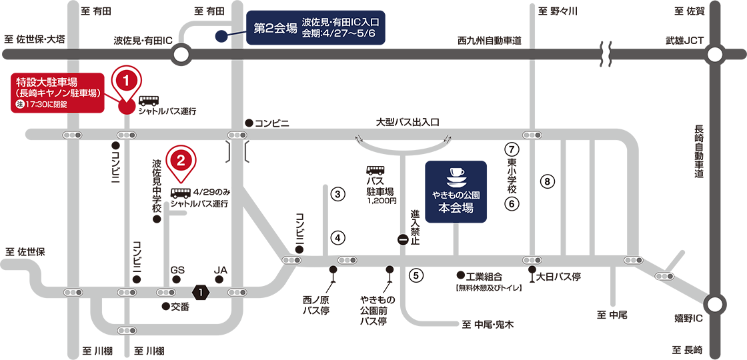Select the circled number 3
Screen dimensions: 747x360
click(x=337, y=194)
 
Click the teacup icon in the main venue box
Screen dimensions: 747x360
click(x=456, y=177)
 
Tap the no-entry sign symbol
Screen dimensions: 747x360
click(x=403, y=240)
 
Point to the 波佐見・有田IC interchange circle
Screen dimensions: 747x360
click(x=181, y=55)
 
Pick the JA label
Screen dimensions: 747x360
click(x=221, y=269)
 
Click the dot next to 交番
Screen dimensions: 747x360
click(x=166, y=306)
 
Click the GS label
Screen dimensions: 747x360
click(x=177, y=269)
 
